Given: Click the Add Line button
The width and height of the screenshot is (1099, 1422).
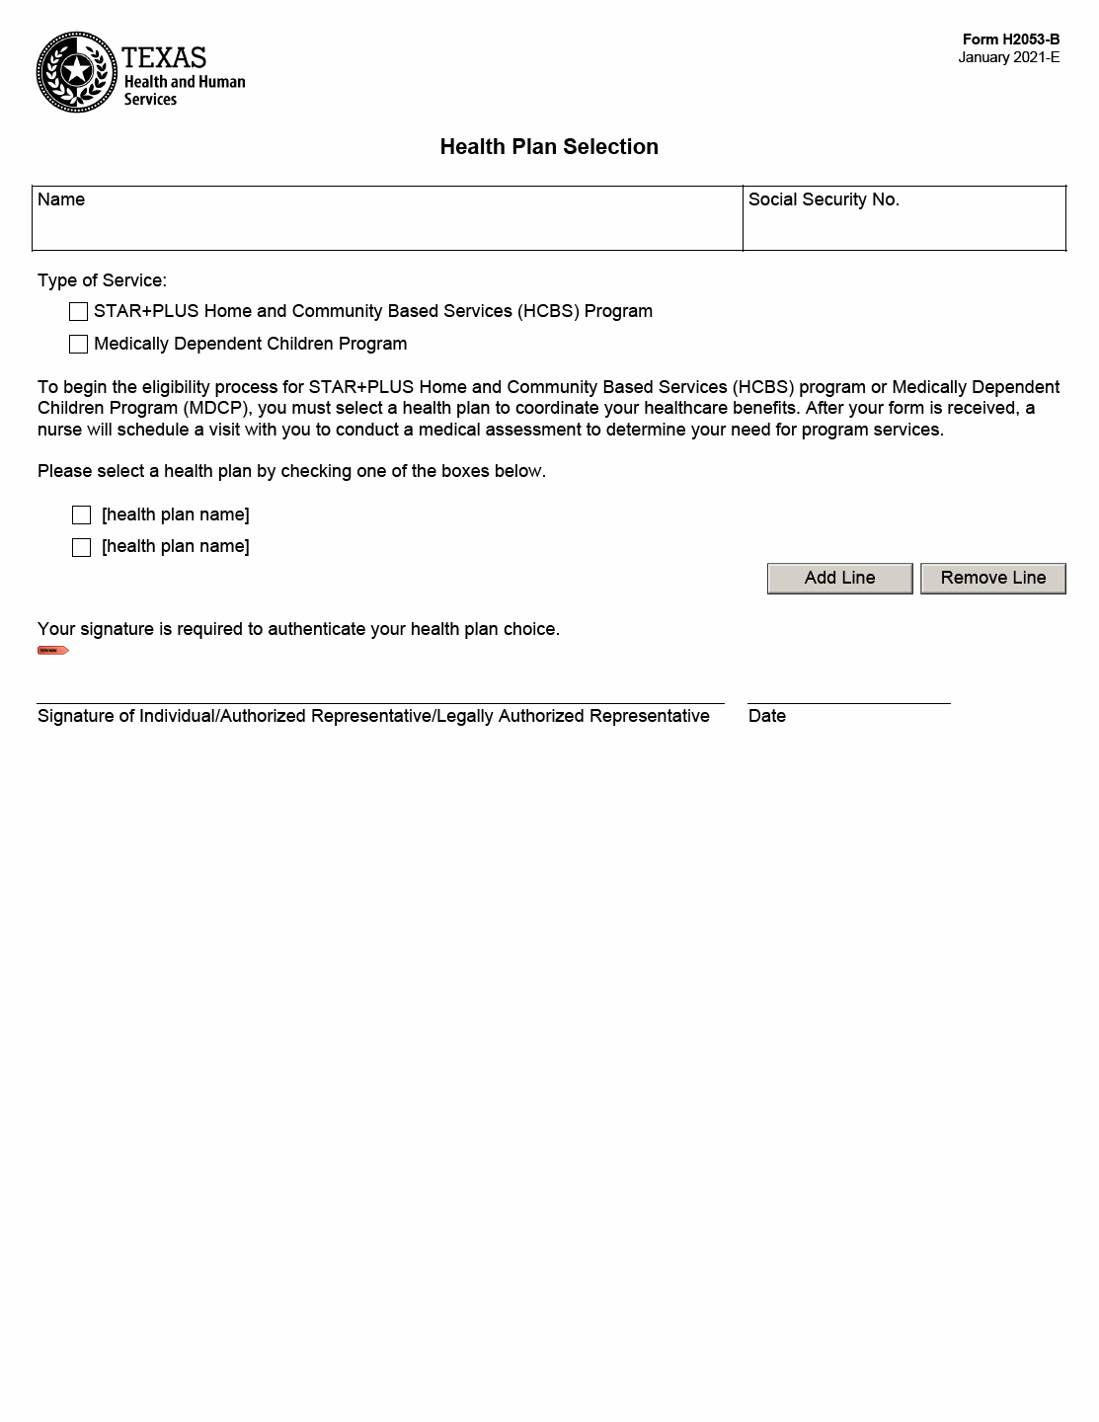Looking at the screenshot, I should tap(839, 578).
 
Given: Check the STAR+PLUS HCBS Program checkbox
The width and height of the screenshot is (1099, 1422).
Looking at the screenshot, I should tap(79, 312).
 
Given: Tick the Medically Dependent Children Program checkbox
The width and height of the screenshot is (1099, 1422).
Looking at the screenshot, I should tap(79, 345).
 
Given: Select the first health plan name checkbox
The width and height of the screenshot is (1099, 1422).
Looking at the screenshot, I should tap(82, 515).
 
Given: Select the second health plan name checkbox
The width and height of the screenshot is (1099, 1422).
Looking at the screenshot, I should tap(82, 547).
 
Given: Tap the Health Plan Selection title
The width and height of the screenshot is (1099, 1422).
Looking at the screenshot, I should tap(549, 147).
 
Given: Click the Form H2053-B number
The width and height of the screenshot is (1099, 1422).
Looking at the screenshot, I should tap(1010, 39).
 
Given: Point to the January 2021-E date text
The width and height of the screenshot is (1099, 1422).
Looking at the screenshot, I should tap(1008, 57).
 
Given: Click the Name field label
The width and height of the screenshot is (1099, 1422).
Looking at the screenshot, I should tap(61, 199).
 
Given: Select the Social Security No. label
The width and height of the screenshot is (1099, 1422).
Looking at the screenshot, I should tap(824, 199).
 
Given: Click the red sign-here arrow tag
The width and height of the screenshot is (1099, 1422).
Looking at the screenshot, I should tap(52, 650).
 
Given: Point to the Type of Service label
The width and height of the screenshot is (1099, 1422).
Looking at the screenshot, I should tap(102, 280).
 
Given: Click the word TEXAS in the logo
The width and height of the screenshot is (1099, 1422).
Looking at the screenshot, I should tap(164, 56).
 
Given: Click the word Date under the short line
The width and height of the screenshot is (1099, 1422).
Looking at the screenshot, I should tap(767, 716).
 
